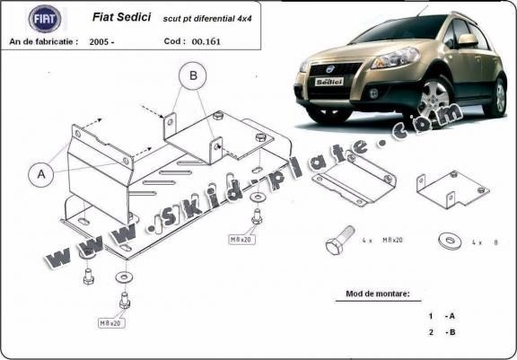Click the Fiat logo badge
coord(45,19)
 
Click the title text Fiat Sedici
coord(121,17)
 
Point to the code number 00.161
coord(206,42)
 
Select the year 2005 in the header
coord(102,42)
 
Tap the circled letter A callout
coord(41,174)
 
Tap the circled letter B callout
coord(193,75)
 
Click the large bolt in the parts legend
coord(339,241)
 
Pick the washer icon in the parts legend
coord(450,241)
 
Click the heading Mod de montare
coord(378,294)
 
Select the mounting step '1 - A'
coord(442,316)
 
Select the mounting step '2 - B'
coord(442,332)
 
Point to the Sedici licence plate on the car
coord(329,82)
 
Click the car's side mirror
coord(468,40)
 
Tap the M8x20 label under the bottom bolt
coord(111,323)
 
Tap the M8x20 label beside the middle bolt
coord(242,240)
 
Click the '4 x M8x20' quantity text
coord(382,241)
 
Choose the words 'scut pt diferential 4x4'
coord(207,19)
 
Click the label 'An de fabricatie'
coord(44,42)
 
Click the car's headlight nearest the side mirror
coord(395,57)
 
